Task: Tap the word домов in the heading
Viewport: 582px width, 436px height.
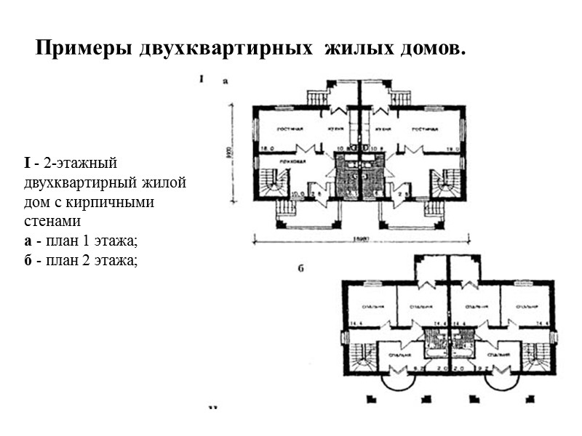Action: coord(428,49)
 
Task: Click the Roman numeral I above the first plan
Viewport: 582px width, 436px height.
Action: coord(201,79)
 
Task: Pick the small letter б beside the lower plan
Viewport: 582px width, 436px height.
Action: coord(300,269)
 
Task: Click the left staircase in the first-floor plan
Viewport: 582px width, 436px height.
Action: coord(273,182)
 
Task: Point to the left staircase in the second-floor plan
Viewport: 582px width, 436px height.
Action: coord(360,356)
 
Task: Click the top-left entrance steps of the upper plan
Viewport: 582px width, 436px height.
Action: coord(317,97)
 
